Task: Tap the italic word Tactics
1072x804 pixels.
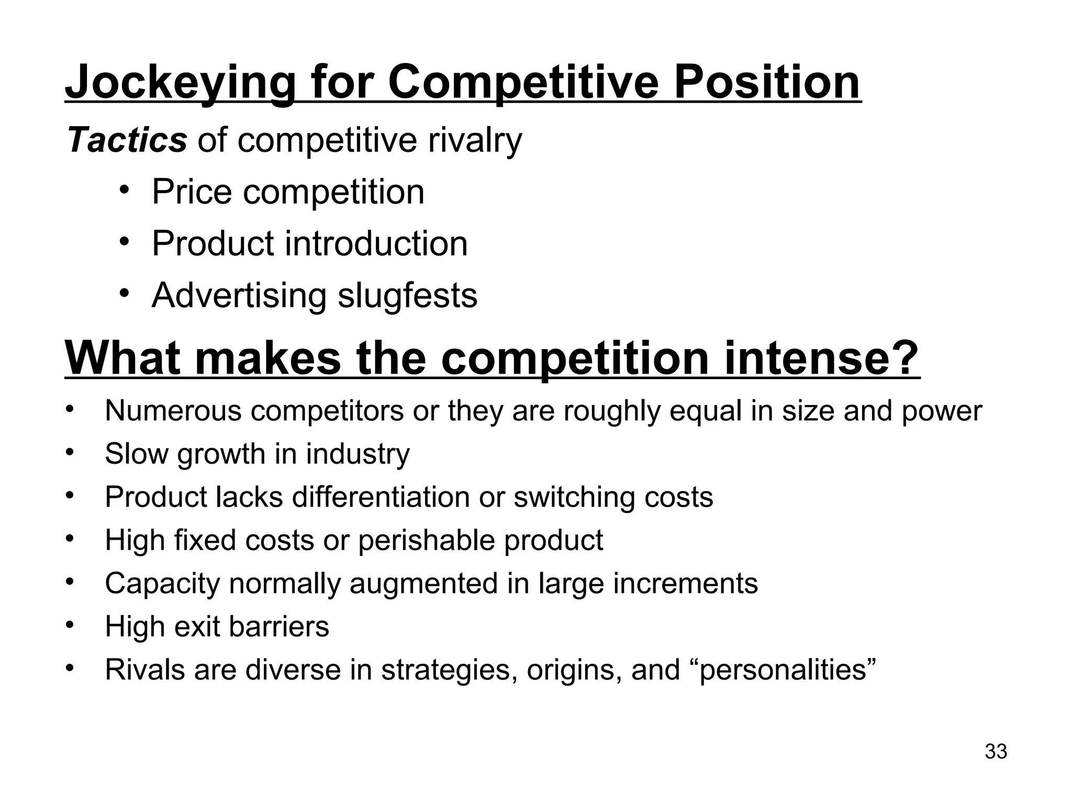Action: coord(127,140)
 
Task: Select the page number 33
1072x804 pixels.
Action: coord(996,751)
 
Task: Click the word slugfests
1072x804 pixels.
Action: coord(407,295)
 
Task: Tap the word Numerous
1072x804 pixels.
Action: coord(173,410)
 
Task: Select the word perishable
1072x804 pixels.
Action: coord(426,540)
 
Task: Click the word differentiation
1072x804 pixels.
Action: coord(381,497)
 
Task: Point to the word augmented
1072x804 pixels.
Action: coord(423,583)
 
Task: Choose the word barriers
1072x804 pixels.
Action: coord(279,626)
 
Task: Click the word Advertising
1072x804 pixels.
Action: coord(239,295)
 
